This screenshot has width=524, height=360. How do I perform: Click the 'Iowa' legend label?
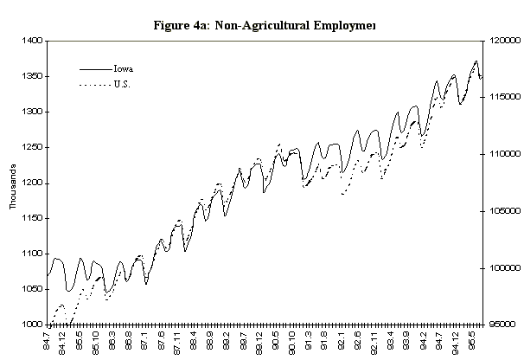click(122, 67)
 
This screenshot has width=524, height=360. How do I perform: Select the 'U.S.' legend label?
click(125, 84)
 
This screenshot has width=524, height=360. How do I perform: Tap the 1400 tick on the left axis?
click(31, 41)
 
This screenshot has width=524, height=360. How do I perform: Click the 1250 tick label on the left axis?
click(31, 147)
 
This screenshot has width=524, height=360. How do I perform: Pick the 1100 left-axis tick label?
click(31, 254)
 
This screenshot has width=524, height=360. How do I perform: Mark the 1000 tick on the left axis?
click(31, 325)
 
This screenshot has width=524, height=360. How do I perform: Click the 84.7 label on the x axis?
click(48, 340)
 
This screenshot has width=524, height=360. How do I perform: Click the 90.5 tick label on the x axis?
click(276, 340)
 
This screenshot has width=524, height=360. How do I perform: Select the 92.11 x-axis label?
click(374, 342)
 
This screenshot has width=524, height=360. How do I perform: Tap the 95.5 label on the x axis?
click(471, 340)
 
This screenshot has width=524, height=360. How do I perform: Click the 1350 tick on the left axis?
click(31, 76)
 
